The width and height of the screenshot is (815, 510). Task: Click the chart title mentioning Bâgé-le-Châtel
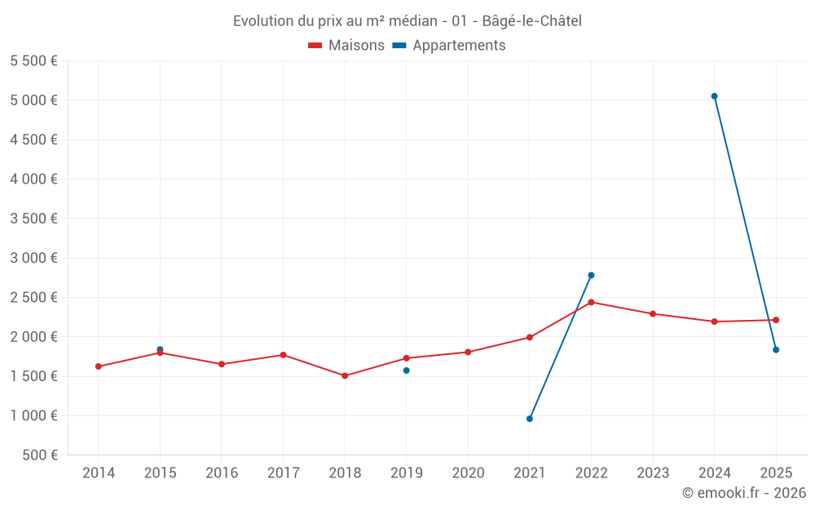point(407,21)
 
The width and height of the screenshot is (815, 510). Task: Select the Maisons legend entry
point(346,46)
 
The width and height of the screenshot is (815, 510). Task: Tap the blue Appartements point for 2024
point(714,96)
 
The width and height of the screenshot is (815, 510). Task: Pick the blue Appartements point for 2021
point(530,419)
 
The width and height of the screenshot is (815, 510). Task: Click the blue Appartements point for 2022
point(591,275)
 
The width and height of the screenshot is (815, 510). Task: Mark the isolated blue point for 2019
point(406,370)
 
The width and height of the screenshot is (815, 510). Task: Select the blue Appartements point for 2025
point(776,350)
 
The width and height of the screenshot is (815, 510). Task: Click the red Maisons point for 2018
point(345,375)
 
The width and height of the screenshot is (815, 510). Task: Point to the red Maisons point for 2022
point(591,302)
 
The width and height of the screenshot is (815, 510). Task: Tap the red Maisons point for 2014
point(99,366)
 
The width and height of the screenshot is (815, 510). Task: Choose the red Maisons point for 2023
point(653,314)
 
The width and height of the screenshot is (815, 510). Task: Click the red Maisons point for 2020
point(468,353)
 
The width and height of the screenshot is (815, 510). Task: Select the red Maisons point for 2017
point(283,355)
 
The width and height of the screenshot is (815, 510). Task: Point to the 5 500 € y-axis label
point(33,61)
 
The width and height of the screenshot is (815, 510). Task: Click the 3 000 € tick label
point(33,258)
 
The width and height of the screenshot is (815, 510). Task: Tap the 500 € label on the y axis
point(38,455)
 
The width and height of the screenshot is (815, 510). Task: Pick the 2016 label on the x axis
point(222,473)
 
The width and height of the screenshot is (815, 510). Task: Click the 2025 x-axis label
point(776,473)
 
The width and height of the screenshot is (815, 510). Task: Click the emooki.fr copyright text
point(744,493)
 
